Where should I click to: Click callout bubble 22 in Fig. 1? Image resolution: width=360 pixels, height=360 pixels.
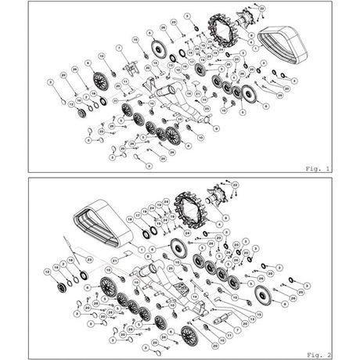(x=261, y=9)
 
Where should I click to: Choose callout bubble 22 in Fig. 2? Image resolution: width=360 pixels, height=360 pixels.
(x=235, y=185)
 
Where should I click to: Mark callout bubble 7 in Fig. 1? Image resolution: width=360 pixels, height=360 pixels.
(x=119, y=48)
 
